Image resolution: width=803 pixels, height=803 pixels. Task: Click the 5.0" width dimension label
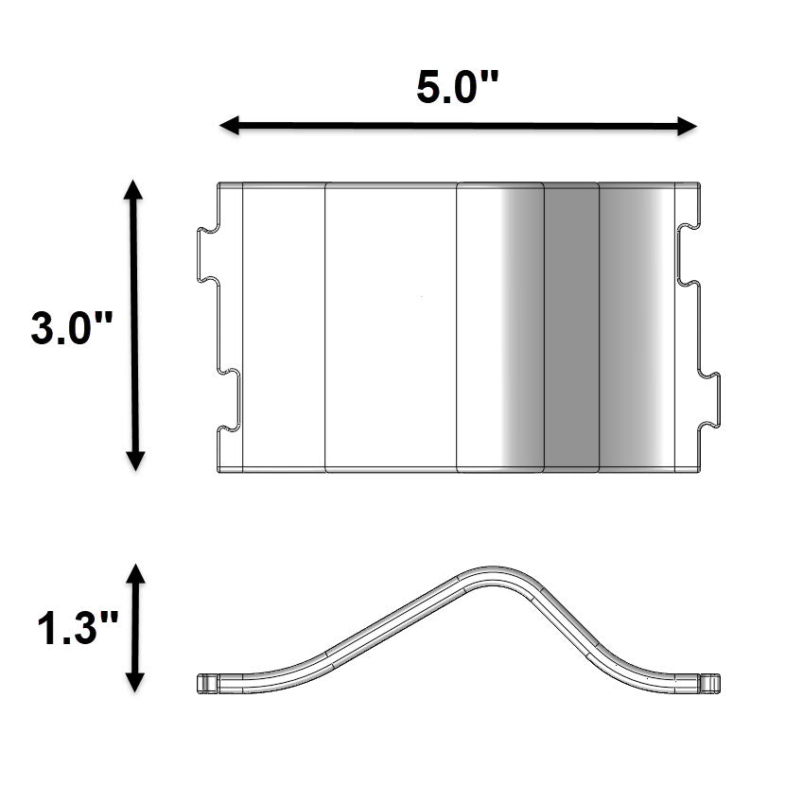point(458,88)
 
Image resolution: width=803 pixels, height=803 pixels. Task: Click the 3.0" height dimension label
point(72,329)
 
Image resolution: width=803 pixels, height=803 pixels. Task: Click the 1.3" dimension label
point(79,629)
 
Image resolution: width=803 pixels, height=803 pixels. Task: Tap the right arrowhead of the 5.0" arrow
point(688,127)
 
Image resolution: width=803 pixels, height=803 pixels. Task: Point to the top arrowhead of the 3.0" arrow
point(135,188)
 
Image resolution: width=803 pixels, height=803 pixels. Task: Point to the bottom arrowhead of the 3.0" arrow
point(135,461)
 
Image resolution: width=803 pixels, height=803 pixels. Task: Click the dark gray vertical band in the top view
point(572,326)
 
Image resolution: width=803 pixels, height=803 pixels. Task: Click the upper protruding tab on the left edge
point(205,254)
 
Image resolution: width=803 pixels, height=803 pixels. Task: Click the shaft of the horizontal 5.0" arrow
point(458,126)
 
